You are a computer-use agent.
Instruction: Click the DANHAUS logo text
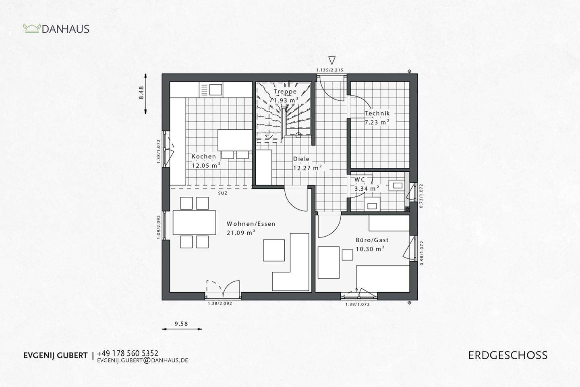click(x=65, y=29)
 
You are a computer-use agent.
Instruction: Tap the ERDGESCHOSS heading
click(x=507, y=355)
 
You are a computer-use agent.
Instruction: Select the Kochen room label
click(x=203, y=156)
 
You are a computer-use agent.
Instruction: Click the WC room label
click(x=360, y=179)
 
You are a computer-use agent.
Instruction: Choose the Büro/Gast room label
click(x=372, y=240)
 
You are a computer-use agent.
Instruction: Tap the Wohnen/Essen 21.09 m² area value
click(x=241, y=232)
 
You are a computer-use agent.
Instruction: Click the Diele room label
click(x=301, y=159)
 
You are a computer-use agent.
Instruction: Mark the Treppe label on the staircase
click(x=285, y=92)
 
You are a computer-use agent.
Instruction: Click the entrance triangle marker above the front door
click(x=331, y=60)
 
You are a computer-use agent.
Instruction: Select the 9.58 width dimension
click(x=181, y=323)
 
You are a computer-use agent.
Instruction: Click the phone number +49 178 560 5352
click(x=128, y=353)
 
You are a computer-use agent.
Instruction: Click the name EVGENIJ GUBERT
click(x=55, y=356)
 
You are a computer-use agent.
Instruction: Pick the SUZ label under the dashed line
click(x=223, y=193)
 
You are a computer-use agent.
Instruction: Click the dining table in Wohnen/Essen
click(x=194, y=222)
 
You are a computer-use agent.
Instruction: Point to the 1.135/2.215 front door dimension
click(x=329, y=70)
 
